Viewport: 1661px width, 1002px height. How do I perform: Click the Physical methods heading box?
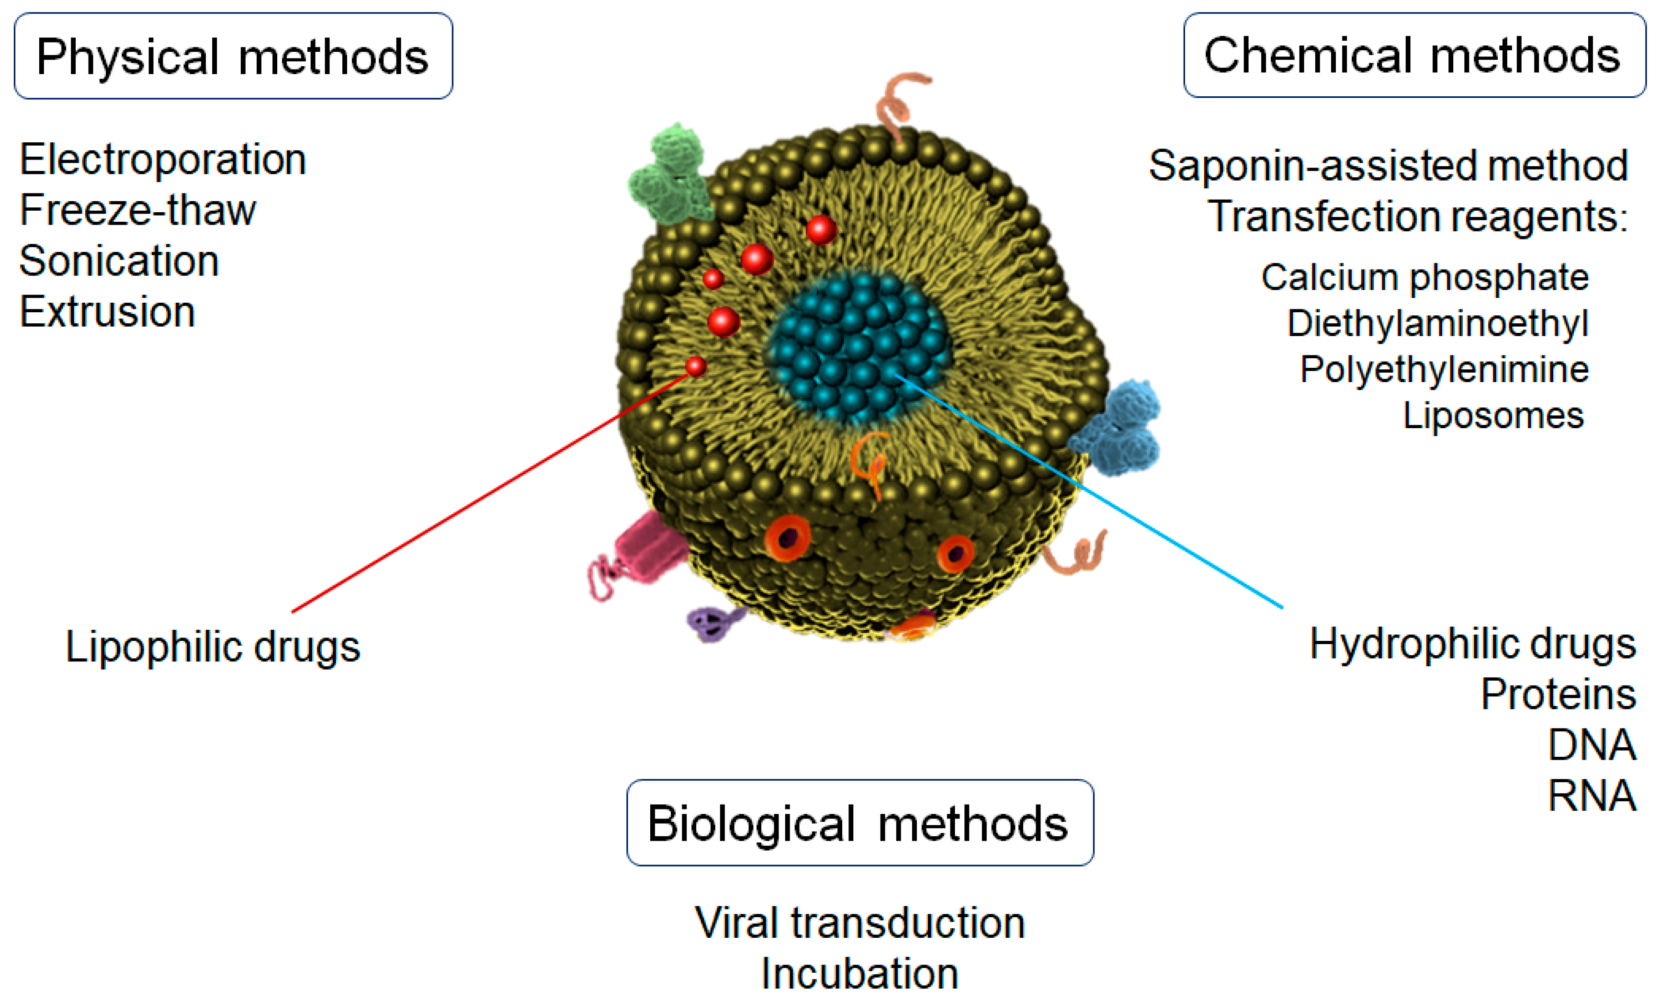(233, 56)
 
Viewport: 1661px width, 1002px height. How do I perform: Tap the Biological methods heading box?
(859, 823)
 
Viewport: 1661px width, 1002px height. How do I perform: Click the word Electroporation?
(162, 160)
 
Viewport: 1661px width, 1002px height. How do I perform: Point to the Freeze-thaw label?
(137, 210)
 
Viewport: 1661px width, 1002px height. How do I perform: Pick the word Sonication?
(119, 261)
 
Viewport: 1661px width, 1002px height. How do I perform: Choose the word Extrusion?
(107, 312)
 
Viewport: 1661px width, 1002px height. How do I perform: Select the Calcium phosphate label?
(1424, 277)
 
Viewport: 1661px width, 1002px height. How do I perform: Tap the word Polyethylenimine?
(1444, 369)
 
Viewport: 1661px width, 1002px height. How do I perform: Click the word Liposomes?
(1492, 415)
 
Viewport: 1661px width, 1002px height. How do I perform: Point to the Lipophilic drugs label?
(212, 647)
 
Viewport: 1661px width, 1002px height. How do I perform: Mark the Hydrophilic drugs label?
(1472, 644)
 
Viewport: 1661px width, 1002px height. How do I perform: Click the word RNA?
(1591, 796)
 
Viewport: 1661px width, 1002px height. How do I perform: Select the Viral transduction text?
(859, 922)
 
